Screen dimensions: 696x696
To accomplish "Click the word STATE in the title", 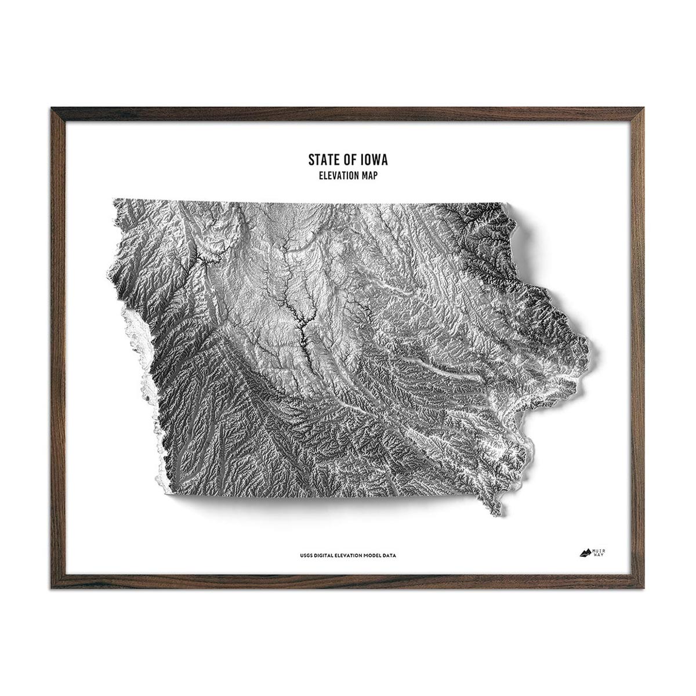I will (322, 159).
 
